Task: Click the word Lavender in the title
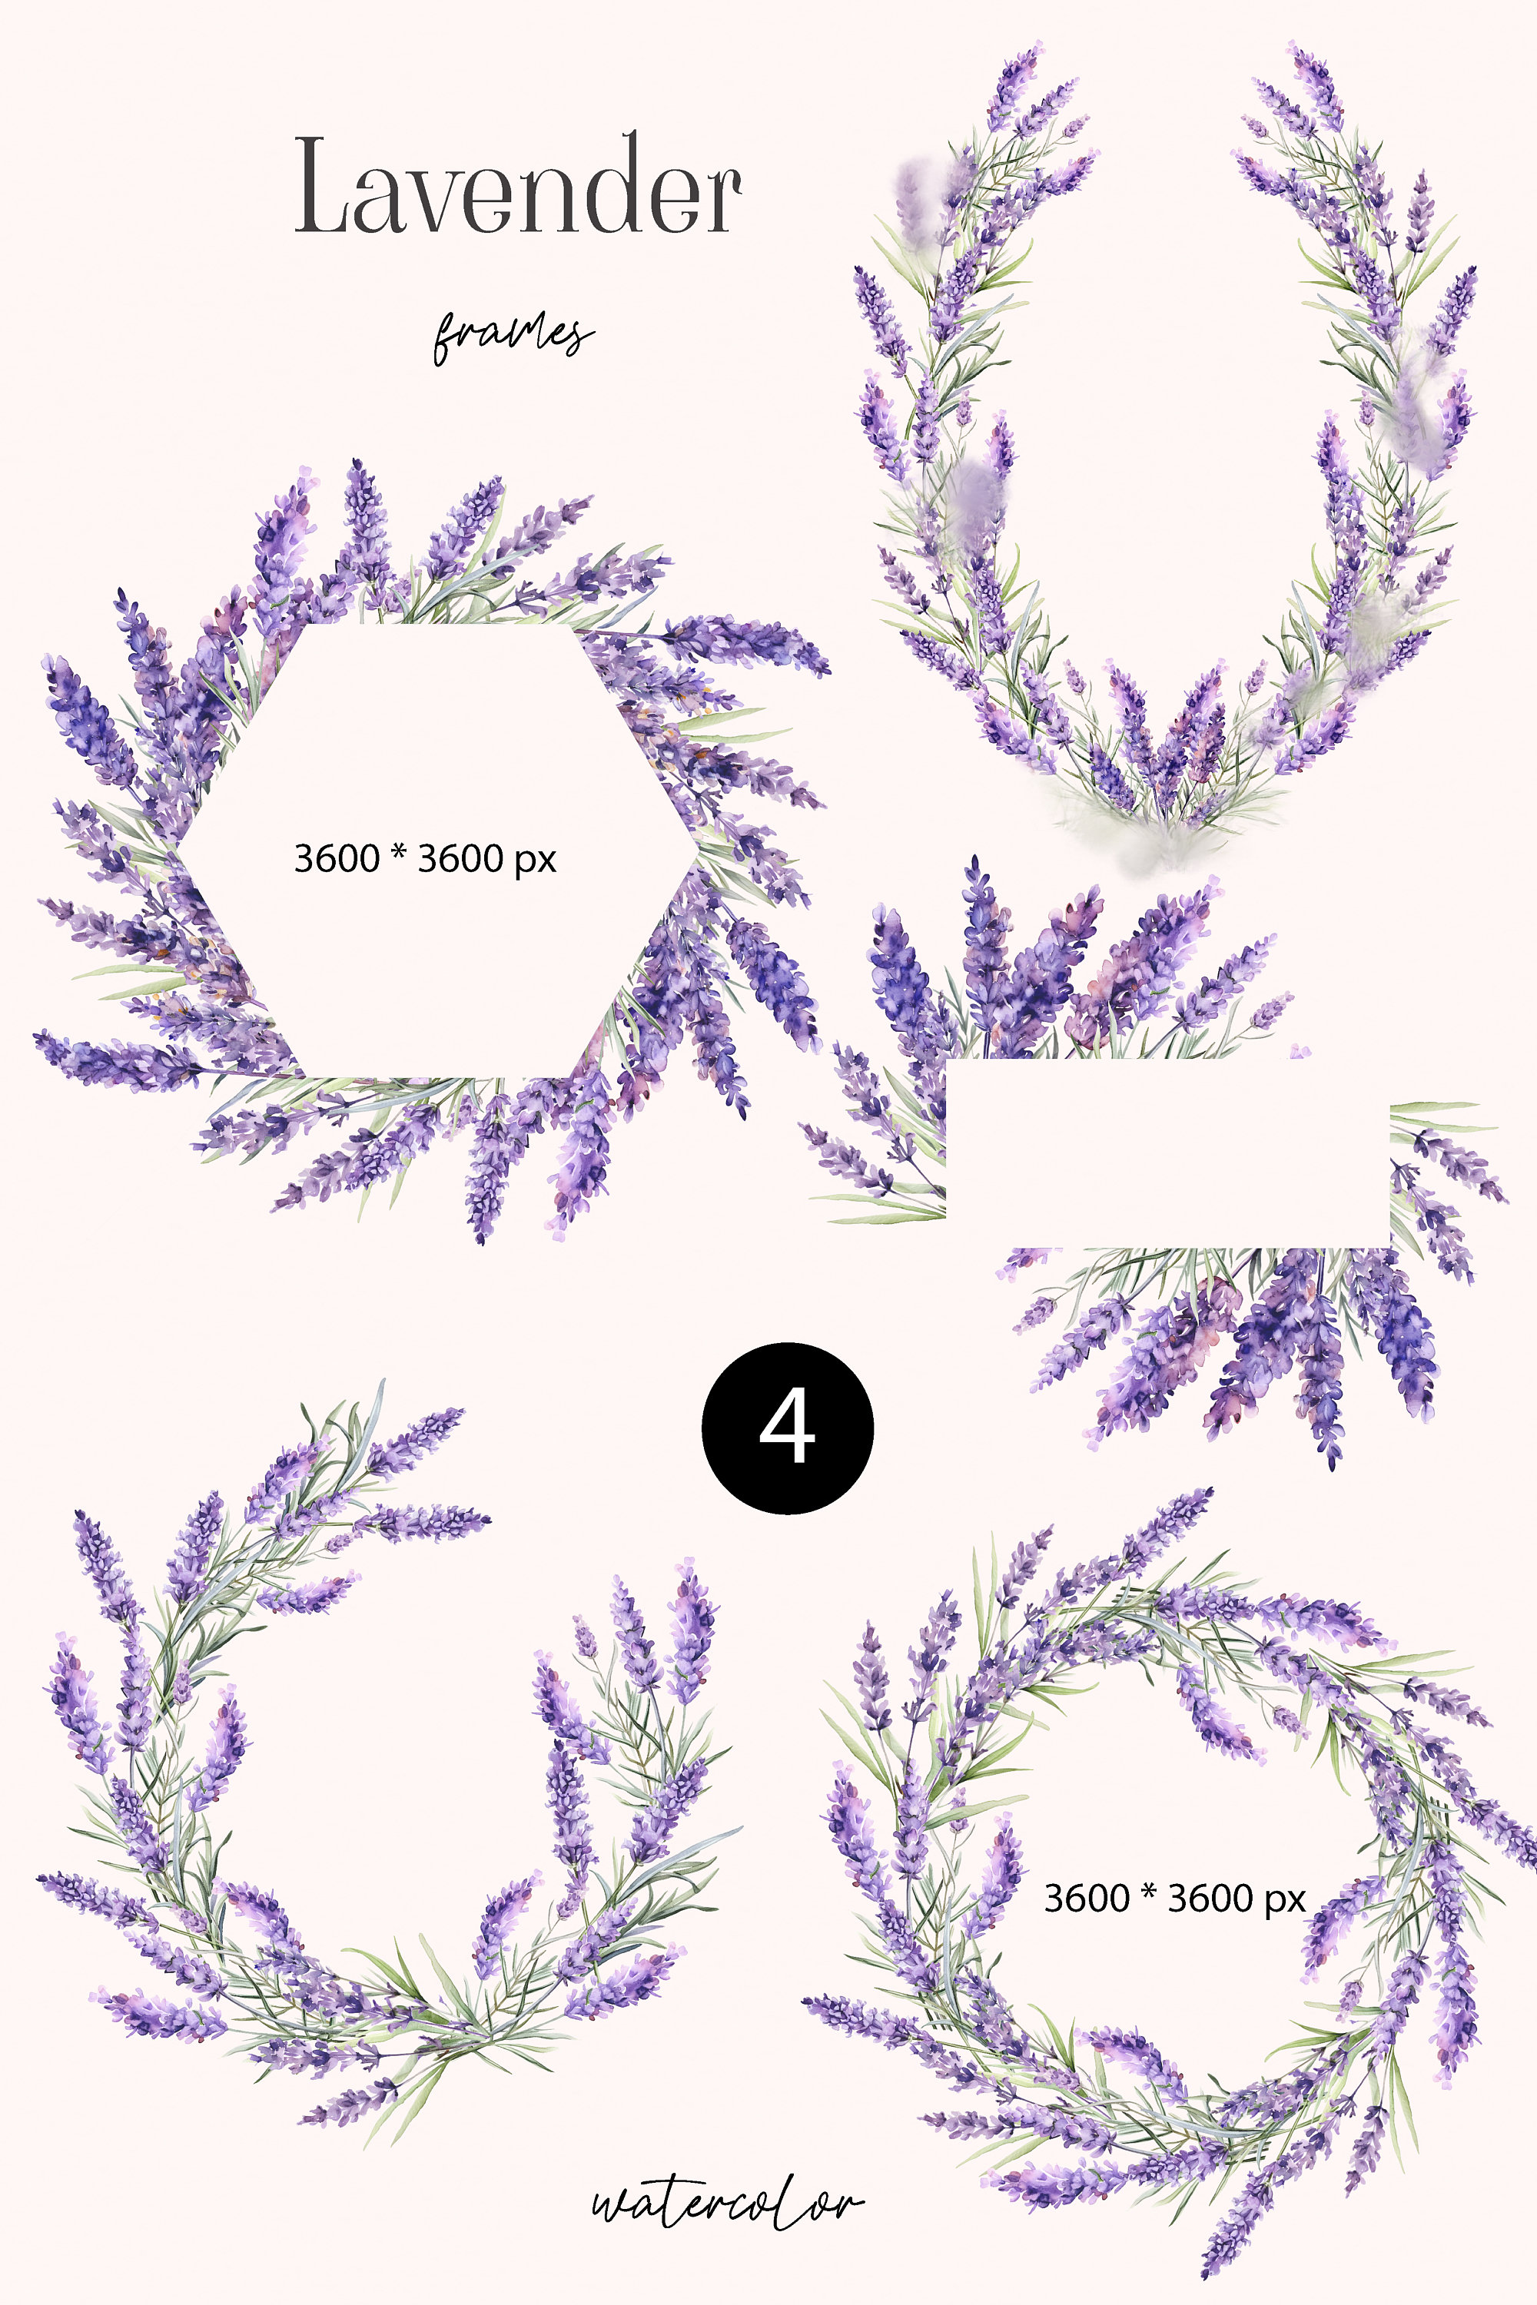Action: (517, 186)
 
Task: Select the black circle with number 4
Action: (787, 1428)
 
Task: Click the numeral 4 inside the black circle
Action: (786, 1428)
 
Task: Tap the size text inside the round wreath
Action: (1173, 1899)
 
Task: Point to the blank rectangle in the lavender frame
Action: (1167, 1152)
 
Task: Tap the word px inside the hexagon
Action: (535, 861)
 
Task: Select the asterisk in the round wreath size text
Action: (1148, 1892)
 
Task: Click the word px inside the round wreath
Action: (1284, 1901)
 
